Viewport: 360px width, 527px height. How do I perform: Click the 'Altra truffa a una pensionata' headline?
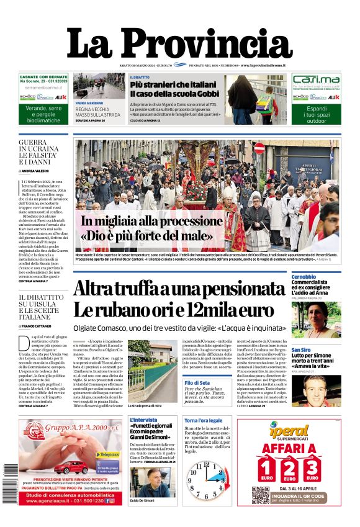(x=174, y=299)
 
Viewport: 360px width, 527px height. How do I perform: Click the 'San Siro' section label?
(x=305, y=349)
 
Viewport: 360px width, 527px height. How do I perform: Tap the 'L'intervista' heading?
(x=144, y=420)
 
